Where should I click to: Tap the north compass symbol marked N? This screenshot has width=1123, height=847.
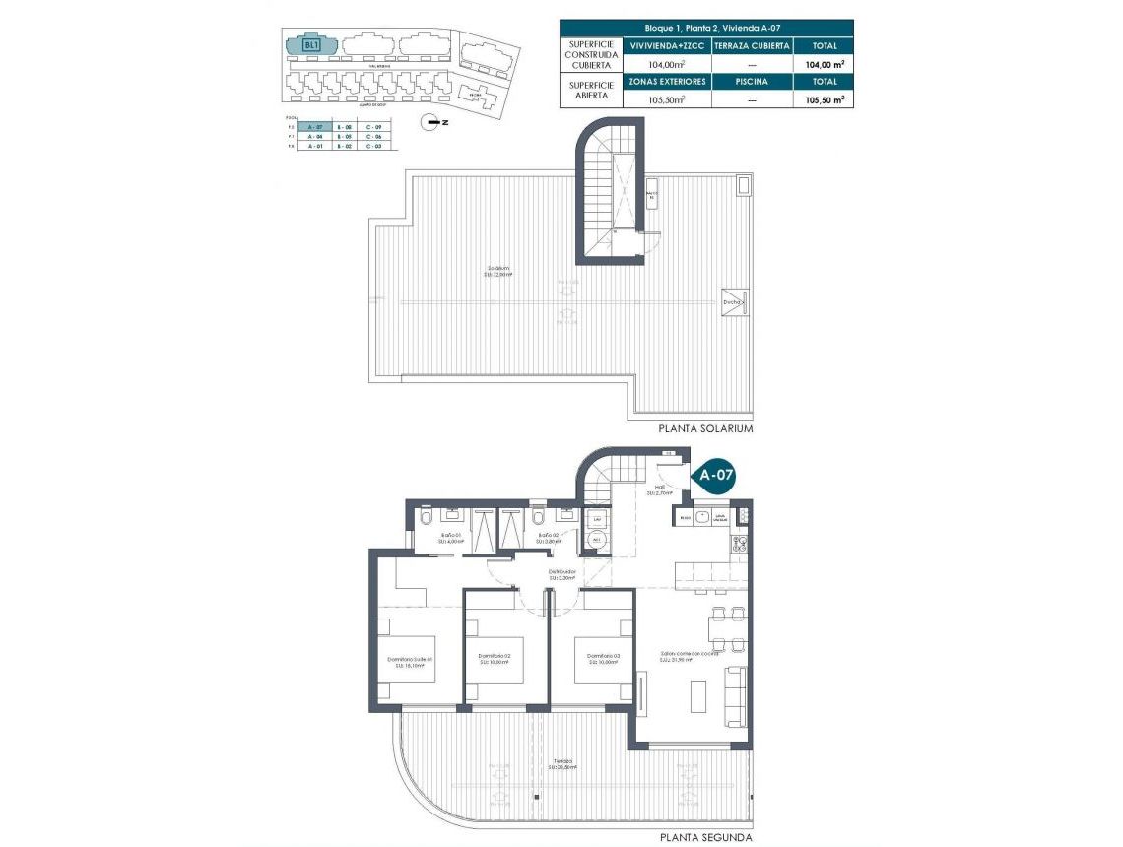(x=429, y=122)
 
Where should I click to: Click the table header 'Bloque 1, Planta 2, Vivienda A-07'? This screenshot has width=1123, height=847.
(x=706, y=29)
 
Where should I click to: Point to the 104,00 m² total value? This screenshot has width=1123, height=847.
(x=823, y=64)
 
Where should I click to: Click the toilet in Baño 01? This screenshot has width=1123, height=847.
(x=426, y=518)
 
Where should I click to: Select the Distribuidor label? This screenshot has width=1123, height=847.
(x=561, y=574)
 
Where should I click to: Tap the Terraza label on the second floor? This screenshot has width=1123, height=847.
(x=562, y=762)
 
